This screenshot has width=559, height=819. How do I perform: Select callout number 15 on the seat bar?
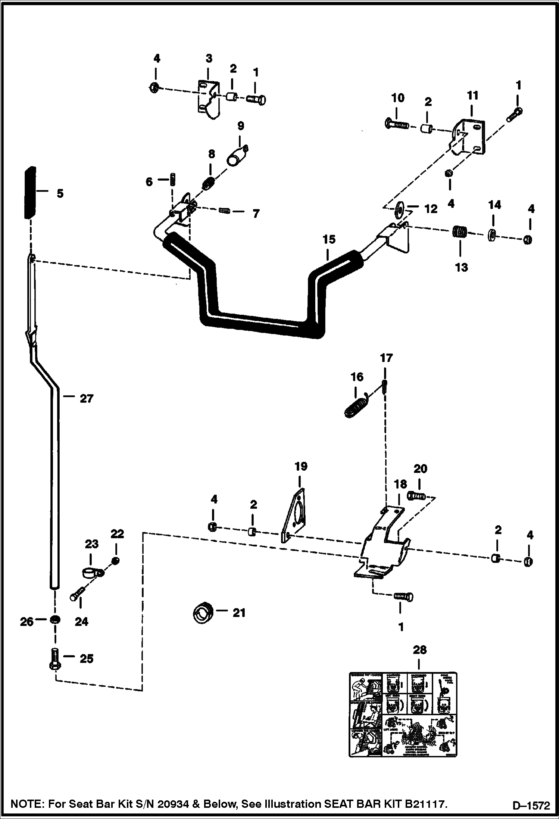pyautogui.click(x=329, y=239)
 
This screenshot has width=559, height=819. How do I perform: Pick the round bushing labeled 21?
pyautogui.click(x=203, y=613)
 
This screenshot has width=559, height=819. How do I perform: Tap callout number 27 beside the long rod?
pyautogui.click(x=86, y=399)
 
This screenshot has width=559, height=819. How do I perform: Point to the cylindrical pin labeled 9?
pyautogui.click(x=237, y=156)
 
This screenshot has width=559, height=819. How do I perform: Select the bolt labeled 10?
pyautogui.click(x=396, y=123)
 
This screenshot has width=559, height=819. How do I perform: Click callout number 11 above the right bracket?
pyautogui.click(x=472, y=96)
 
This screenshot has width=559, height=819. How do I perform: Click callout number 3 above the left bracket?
pyautogui.click(x=209, y=59)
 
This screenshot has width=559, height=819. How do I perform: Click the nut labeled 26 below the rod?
pyautogui.click(x=54, y=620)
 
